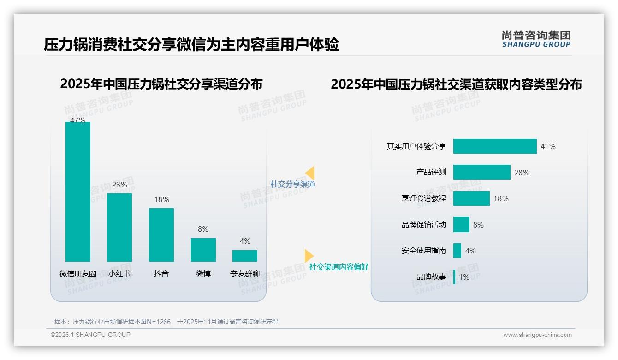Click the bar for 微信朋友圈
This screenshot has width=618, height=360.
point(78,192)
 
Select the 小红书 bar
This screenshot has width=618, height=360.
point(119,227)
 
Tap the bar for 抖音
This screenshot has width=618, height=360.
point(161,234)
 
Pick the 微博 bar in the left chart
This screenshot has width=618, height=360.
point(203,250)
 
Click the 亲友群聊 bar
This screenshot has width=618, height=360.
point(245,256)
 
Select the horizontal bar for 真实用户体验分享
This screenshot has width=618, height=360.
point(495,146)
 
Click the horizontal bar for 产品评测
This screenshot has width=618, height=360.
point(481,172)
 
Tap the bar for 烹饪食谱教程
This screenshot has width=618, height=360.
point(471,198)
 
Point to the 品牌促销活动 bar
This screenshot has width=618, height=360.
point(461,225)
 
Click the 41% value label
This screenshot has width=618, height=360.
point(548,147)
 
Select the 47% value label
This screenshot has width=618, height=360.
point(77,120)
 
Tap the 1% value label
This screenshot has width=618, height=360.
point(464,277)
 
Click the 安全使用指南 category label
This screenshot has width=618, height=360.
point(423,251)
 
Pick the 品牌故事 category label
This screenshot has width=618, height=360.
point(431,277)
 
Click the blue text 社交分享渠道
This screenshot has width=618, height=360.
point(292,184)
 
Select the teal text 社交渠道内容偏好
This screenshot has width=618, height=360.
point(339,267)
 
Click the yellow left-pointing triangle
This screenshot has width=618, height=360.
point(310,173)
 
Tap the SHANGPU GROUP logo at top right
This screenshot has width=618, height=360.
point(536,39)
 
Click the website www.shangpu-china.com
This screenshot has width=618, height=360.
point(537,335)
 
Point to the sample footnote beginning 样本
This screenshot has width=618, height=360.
point(166,322)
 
